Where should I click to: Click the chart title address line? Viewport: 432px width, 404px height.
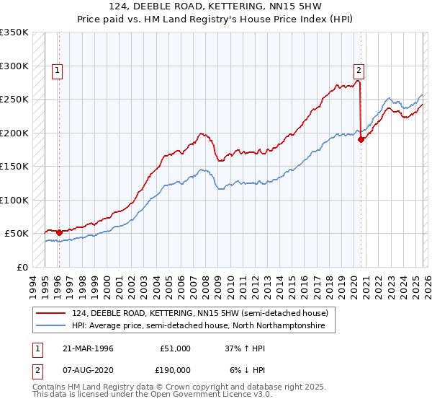click(216, 7)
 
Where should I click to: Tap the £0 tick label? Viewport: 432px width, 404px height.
click(22, 268)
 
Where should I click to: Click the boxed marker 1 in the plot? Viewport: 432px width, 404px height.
click(56, 71)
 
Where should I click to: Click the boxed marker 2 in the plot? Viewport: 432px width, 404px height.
click(358, 71)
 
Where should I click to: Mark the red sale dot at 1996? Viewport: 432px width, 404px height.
click(59, 232)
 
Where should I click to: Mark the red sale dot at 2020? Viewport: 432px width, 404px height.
click(361, 140)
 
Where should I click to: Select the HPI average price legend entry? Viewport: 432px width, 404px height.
click(198, 326)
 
